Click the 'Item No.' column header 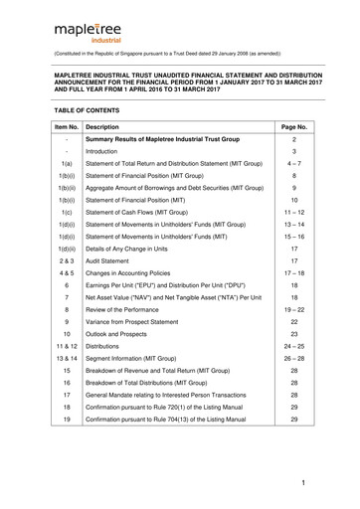tap(66, 128)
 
